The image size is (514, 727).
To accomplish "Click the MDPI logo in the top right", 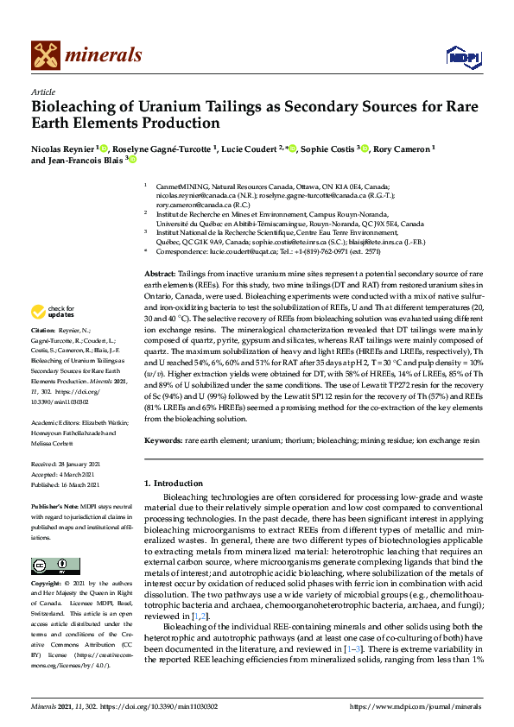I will pos(458,57).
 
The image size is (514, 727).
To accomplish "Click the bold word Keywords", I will pos(164,440).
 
